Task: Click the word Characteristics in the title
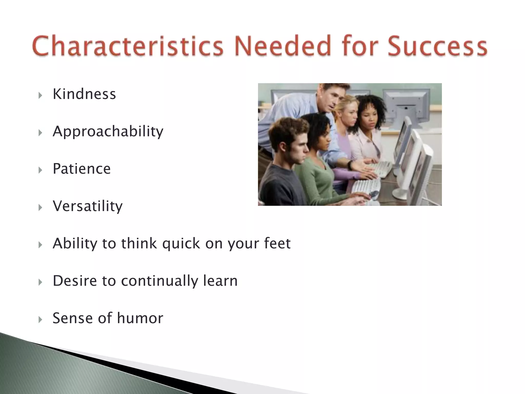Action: click(x=128, y=46)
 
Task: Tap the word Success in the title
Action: click(x=437, y=46)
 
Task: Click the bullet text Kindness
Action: click(x=84, y=94)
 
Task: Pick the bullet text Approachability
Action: click(x=108, y=132)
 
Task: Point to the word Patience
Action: click(x=82, y=169)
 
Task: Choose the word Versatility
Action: click(x=88, y=206)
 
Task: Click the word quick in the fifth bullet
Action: click(x=181, y=244)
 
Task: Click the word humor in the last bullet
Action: click(x=140, y=318)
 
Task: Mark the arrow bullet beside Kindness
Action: click(x=40, y=96)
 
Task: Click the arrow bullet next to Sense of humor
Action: click(x=40, y=320)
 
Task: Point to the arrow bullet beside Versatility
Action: click(x=40, y=208)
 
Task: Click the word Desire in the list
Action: click(x=75, y=281)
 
